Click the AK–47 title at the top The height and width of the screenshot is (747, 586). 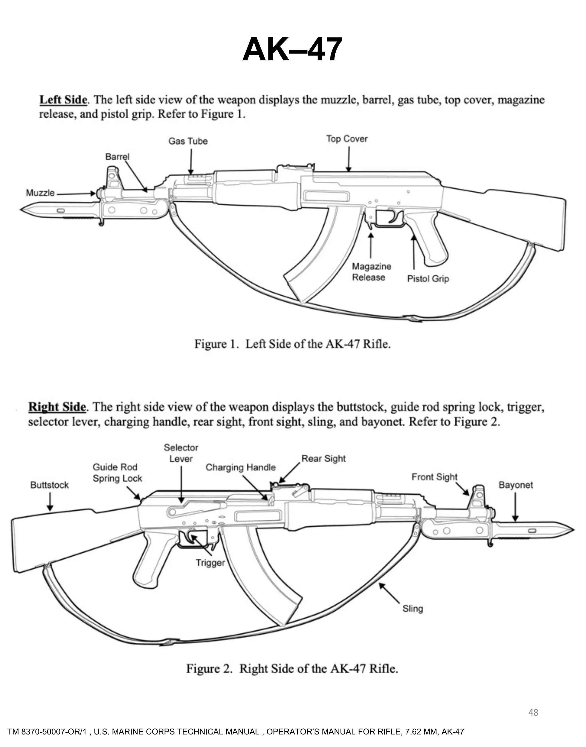292,50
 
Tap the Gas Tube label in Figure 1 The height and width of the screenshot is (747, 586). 188,141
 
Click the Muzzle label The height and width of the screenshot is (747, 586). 40,193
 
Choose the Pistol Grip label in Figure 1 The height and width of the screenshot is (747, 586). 428,279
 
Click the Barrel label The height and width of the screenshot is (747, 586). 117,157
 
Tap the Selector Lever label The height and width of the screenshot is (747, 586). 181,453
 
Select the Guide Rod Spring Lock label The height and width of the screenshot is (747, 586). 117,473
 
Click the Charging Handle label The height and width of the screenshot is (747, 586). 241,467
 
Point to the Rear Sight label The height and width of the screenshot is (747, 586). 324,459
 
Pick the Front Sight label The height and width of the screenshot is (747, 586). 434,477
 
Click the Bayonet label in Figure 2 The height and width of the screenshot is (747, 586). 515,485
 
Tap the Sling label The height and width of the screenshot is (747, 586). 412,608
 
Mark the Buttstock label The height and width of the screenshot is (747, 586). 50,485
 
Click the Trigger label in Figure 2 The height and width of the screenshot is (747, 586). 210,563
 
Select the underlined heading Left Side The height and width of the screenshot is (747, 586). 63,100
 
